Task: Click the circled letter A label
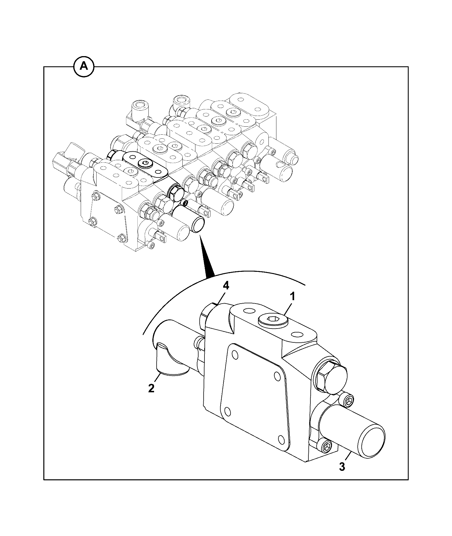(x=84, y=67)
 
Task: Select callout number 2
(x=151, y=388)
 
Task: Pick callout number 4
(x=226, y=286)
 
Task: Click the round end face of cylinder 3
(x=371, y=444)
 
